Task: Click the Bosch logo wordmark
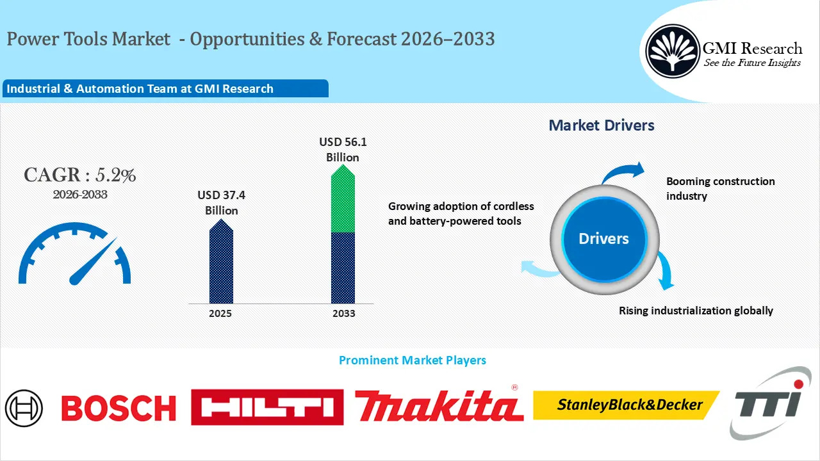(119, 408)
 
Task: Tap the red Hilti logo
(267, 407)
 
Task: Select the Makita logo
(439, 405)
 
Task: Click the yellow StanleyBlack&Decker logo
(626, 405)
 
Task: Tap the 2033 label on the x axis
(343, 314)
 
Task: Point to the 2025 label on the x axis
(220, 314)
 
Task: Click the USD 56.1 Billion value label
(343, 149)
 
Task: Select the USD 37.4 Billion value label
(222, 202)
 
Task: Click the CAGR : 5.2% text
(80, 175)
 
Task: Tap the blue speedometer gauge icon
(75, 254)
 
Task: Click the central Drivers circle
(603, 239)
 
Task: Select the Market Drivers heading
(602, 125)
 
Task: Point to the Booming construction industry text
(720, 188)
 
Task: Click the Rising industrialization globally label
(696, 311)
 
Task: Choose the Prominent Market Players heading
(412, 360)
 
